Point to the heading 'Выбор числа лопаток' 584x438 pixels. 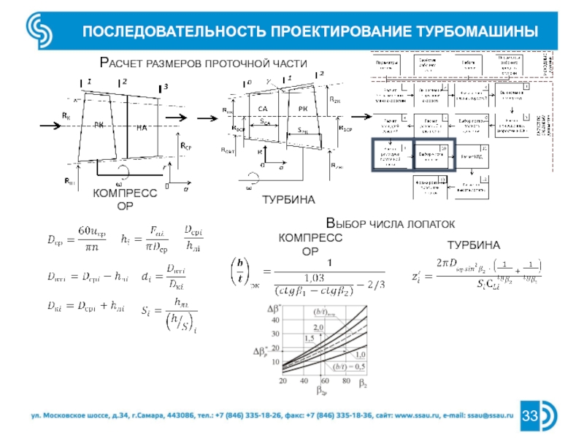pyautogui.click(x=390, y=223)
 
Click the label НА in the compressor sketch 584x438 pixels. pyautogui.click(x=142, y=127)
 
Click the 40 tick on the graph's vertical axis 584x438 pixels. pyautogui.click(x=276, y=320)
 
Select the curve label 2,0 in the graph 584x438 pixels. pyautogui.click(x=318, y=327)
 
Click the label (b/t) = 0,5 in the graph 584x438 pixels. pyautogui.click(x=348, y=365)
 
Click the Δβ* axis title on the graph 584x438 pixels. pyautogui.click(x=275, y=307)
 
